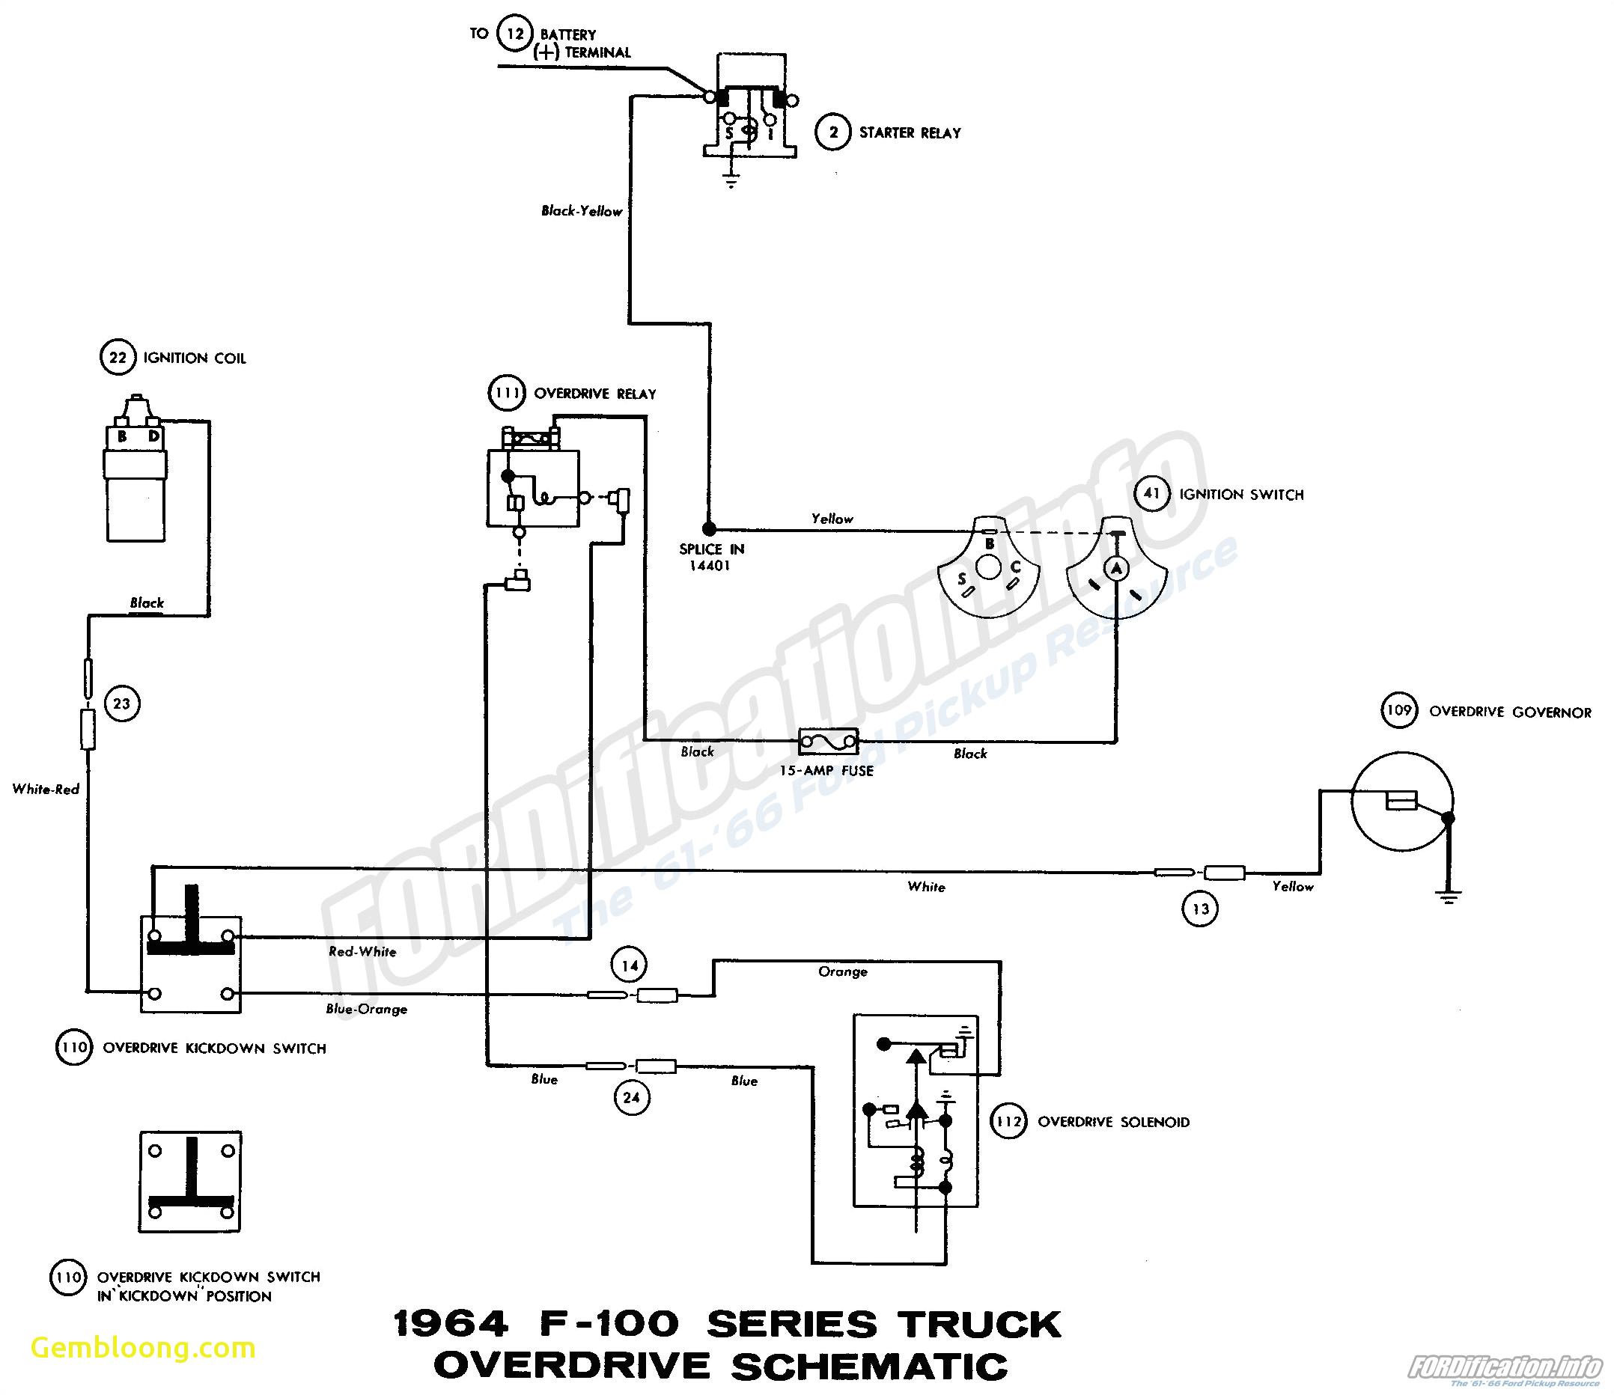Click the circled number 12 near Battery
(515, 34)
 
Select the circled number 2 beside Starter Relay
(832, 132)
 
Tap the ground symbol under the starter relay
(731, 180)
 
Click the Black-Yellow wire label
(581, 211)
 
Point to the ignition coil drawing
(135, 475)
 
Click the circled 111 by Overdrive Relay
(507, 393)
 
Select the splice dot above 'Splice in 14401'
(708, 529)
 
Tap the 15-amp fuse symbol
(829, 742)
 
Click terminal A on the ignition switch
(1116, 568)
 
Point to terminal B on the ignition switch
(989, 543)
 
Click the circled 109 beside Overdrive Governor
(1399, 710)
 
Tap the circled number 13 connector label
(1200, 909)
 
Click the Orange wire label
(842, 971)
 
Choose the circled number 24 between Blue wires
(631, 1097)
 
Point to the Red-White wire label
(362, 951)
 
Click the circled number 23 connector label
(121, 703)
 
